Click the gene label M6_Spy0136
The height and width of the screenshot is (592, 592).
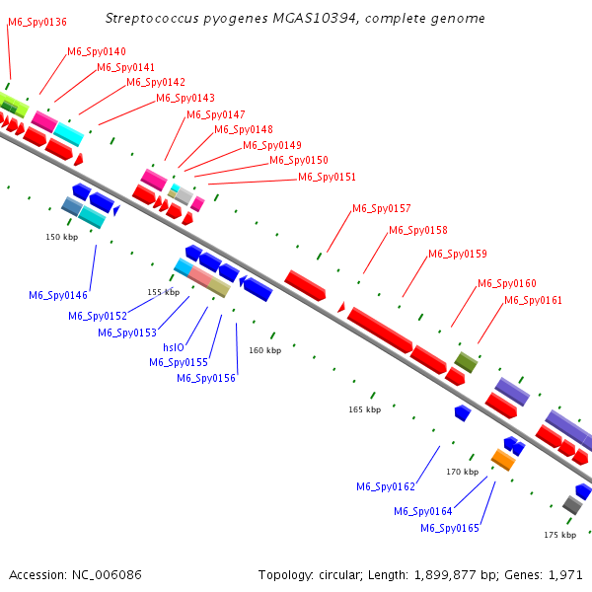point(37,22)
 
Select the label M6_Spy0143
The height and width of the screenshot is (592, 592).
point(185,98)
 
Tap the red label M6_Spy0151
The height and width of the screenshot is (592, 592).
point(327,178)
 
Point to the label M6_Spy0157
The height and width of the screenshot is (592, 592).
point(381,208)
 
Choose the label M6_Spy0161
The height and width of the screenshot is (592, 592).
point(533,300)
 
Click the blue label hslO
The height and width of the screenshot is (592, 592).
point(174,347)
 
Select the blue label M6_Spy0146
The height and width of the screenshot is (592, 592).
point(58,295)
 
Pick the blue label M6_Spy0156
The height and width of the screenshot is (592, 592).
point(206,378)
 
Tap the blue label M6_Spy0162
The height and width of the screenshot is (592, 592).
point(386,486)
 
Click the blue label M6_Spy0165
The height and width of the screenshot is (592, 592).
point(450,528)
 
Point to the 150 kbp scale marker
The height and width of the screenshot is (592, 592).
point(61,237)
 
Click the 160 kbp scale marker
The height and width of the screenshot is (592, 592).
point(264,350)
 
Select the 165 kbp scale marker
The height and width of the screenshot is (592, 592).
point(364,409)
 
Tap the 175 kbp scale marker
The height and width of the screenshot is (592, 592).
point(559,535)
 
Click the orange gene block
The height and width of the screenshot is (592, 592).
point(503,460)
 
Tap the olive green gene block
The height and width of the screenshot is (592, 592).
point(466,362)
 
